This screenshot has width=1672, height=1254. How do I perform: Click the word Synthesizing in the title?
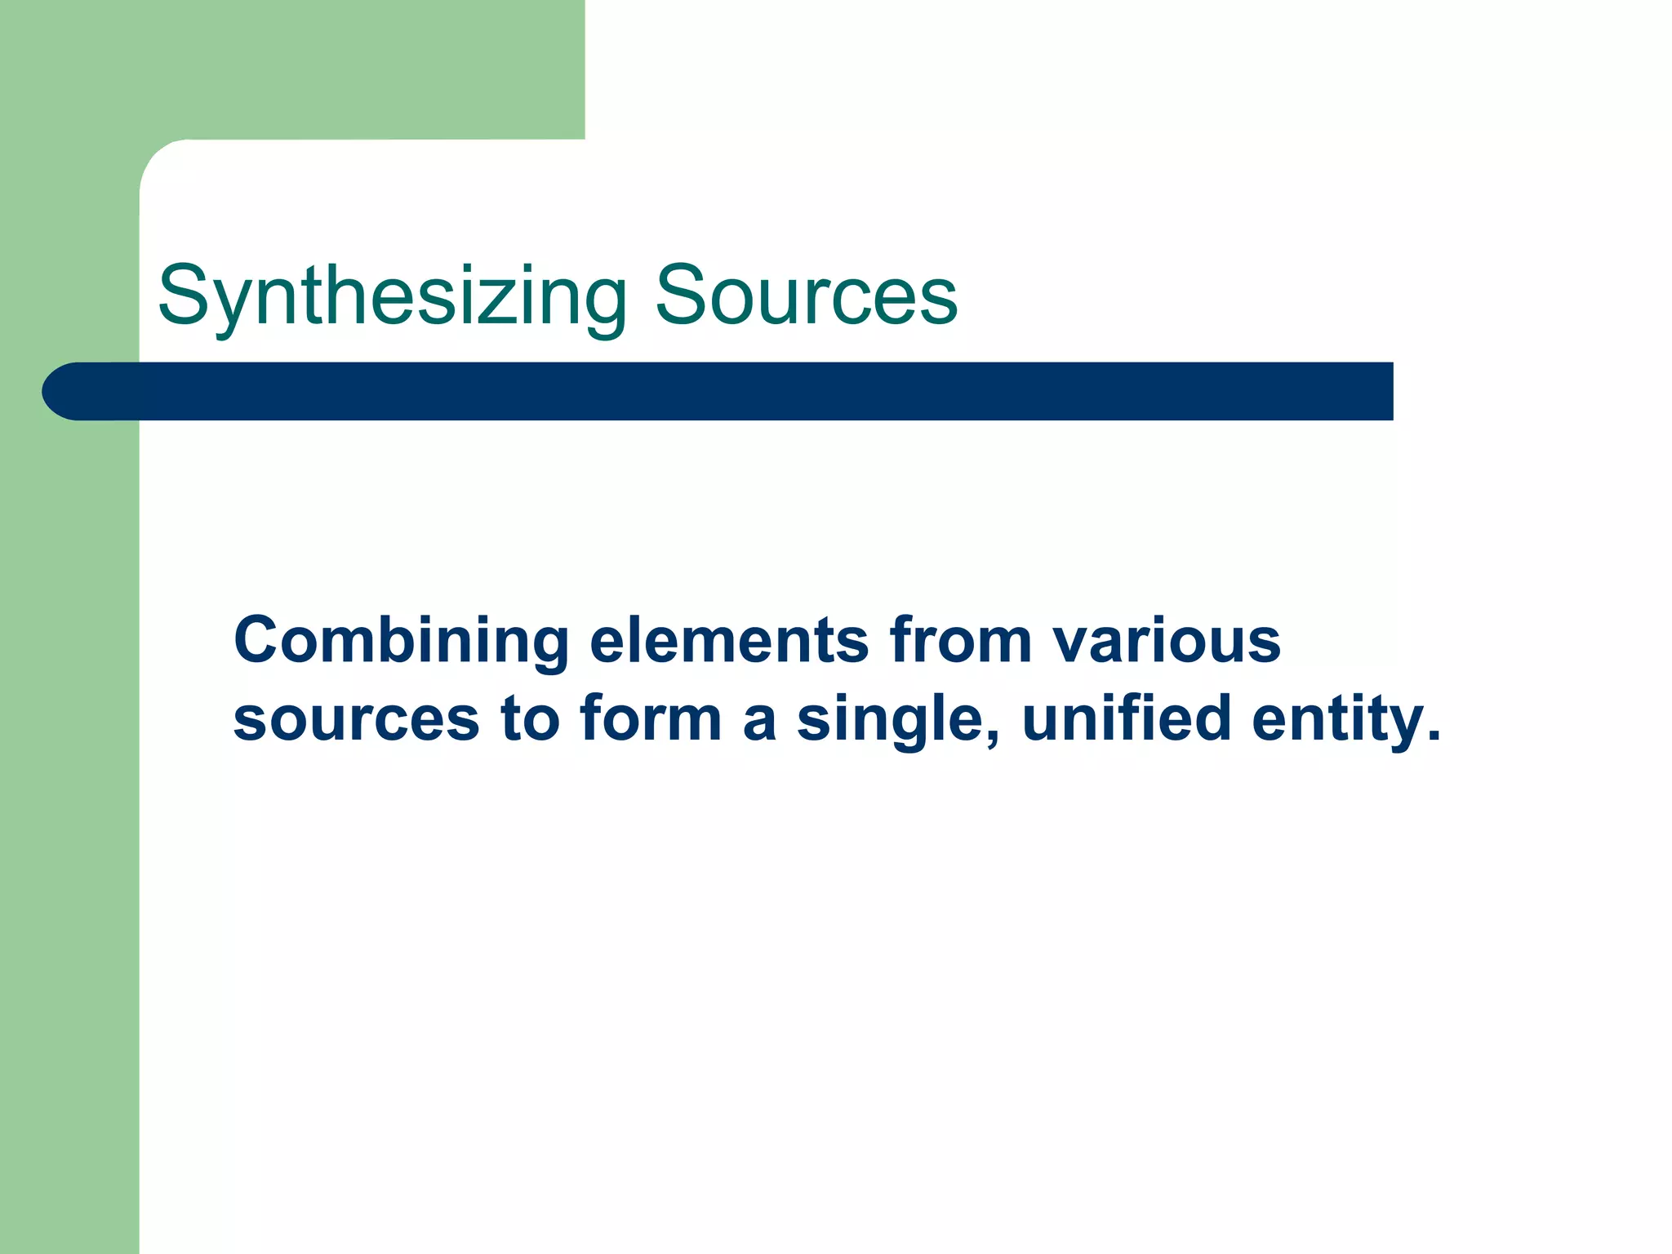point(392,296)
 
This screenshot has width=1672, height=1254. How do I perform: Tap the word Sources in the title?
point(806,296)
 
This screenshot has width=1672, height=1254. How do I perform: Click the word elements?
point(729,640)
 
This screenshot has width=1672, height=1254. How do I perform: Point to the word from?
point(961,640)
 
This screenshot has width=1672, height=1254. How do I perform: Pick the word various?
point(1167,640)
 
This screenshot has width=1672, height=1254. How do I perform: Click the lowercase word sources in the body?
point(356,718)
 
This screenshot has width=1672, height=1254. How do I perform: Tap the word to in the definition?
point(530,718)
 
